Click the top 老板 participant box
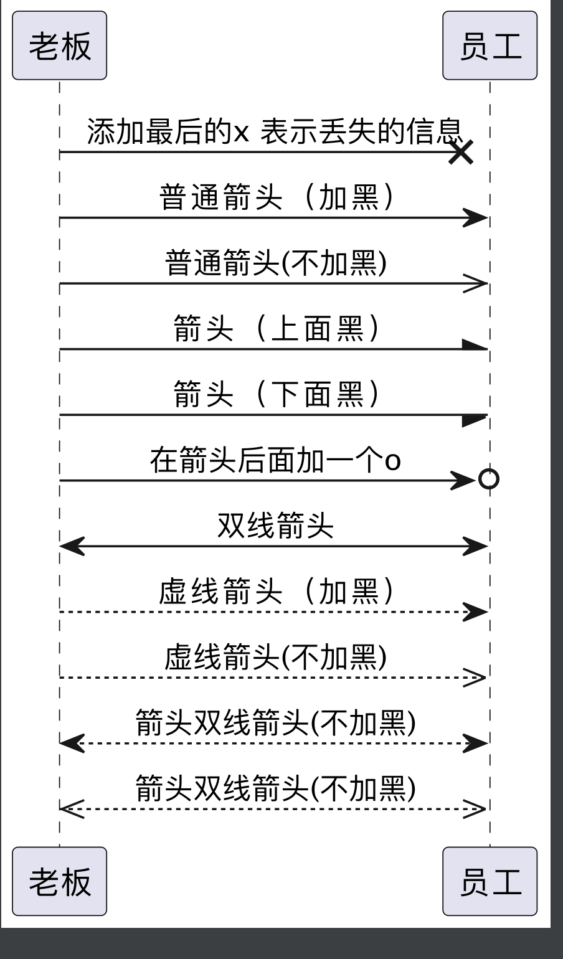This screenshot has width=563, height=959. tap(59, 45)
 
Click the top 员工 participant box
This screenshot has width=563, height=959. tap(490, 45)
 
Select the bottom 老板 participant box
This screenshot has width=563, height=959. tap(59, 881)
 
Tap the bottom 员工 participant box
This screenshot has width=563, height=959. tap(490, 881)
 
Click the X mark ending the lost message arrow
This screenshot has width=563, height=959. tap(461, 152)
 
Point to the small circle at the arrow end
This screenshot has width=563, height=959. tap(488, 479)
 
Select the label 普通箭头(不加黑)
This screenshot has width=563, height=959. tap(276, 262)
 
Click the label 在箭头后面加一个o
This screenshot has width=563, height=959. tap(275, 460)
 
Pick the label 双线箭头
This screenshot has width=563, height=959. tap(275, 525)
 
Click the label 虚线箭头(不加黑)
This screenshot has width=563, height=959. tap(276, 657)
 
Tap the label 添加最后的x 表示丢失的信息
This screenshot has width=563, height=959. tap(275, 131)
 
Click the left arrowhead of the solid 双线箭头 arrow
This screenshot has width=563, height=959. tap(72, 547)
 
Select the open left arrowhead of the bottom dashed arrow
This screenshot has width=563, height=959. tap(72, 809)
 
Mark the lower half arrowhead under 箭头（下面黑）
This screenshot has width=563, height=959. tap(473, 420)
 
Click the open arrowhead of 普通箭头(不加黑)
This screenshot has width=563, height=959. tap(475, 284)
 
